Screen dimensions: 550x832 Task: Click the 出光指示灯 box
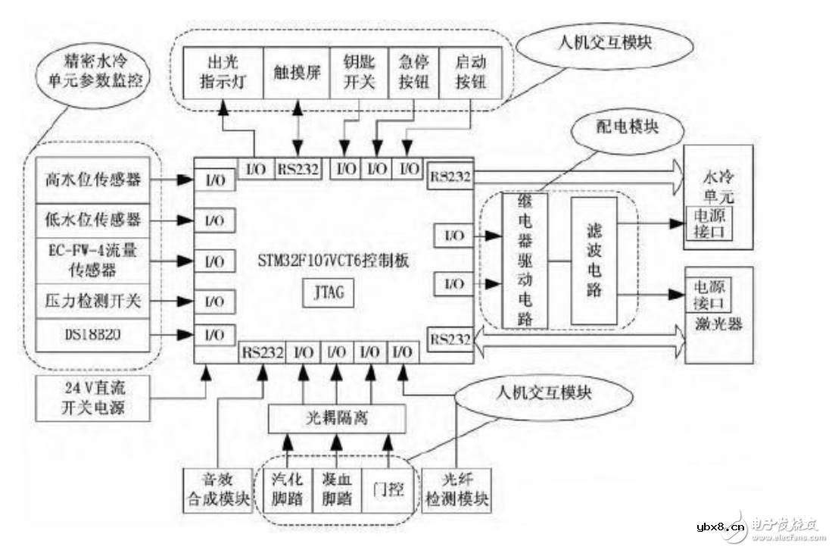(x=224, y=73)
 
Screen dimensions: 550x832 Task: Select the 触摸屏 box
(x=297, y=73)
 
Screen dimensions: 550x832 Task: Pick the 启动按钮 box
(x=469, y=73)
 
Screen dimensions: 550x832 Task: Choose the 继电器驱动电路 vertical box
(x=524, y=260)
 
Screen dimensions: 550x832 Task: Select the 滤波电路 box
(x=593, y=260)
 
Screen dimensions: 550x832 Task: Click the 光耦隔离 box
(x=337, y=417)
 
